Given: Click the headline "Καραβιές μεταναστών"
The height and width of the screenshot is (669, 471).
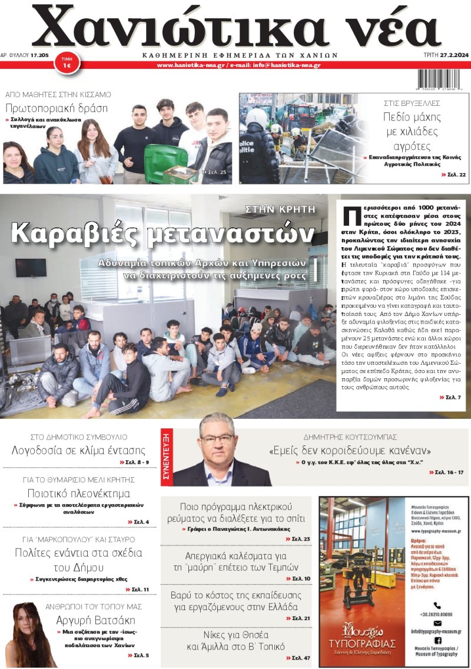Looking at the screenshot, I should [162, 234].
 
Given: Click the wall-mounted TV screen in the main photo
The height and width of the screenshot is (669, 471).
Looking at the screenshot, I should [31, 267].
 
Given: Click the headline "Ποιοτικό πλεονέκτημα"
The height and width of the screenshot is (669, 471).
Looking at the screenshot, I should [79, 493].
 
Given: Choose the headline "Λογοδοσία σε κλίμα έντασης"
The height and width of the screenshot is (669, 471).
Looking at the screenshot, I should [78, 451].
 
